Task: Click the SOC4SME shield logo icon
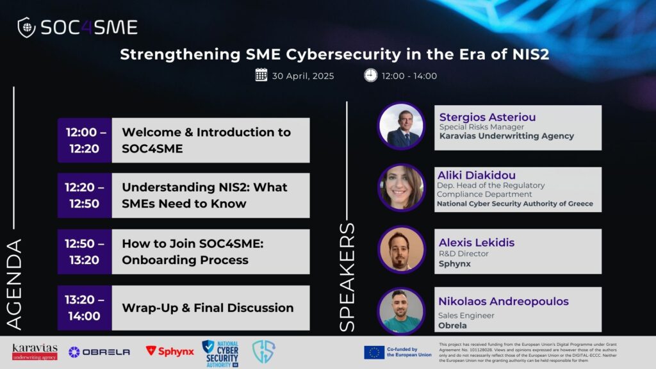coord(26,28)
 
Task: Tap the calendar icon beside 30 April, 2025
coord(261,75)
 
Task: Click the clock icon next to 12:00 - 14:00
coord(370,76)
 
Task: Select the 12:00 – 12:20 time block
coord(85,140)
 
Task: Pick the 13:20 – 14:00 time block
coord(85,308)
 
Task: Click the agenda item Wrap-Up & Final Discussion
coord(208,308)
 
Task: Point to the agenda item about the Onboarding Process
coord(193,252)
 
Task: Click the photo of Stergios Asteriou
coord(401,126)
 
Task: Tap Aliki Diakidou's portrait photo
coord(401,188)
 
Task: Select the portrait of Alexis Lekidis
coord(401,250)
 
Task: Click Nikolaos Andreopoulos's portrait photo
coord(401,311)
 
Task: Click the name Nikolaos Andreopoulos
coord(504,301)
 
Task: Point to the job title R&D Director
coord(464,254)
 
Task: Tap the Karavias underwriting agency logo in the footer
coord(35,352)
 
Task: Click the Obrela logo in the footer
coord(99,352)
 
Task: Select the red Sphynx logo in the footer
coord(170,352)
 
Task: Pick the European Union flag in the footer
coord(374,352)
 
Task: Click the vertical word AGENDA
coord(14,285)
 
